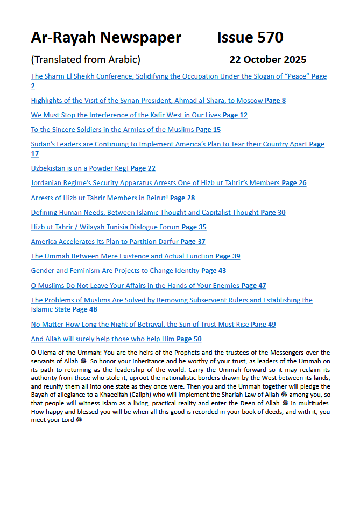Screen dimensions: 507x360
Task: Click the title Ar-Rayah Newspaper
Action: pos(106,38)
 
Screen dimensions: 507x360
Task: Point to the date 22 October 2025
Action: pos(267,60)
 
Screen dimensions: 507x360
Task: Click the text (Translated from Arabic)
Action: pos(86,60)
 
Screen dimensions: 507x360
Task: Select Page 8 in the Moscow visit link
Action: pos(275,101)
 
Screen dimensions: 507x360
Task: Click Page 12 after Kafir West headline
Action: pos(235,115)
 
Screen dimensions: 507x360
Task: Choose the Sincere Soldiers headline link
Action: pos(113,130)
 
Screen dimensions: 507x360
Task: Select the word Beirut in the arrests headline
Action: pos(153,198)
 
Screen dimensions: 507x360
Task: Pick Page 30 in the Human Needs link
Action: pos(273,213)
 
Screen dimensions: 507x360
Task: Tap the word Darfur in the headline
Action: pos(166,242)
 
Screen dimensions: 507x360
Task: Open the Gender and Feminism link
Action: pos(116,271)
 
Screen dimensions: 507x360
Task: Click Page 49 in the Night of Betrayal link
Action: pos(263,325)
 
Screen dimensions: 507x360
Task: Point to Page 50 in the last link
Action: pos(189,339)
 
